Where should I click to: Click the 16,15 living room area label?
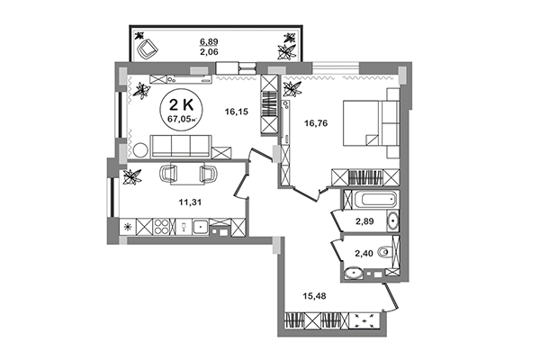[x=236, y=112]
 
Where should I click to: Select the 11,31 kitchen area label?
[x=191, y=202]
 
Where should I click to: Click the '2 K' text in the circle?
[x=182, y=103]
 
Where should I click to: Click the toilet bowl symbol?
[x=383, y=253]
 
